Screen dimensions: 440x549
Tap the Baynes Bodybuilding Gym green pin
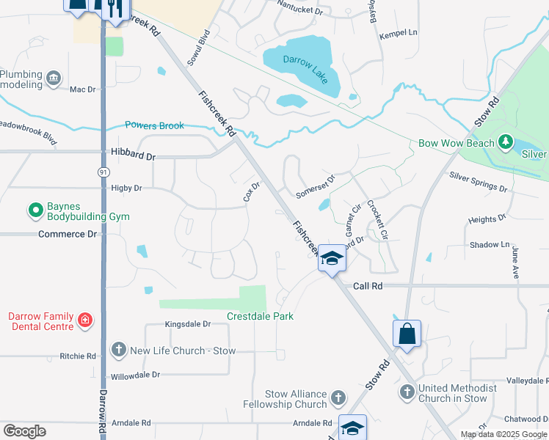(35, 211)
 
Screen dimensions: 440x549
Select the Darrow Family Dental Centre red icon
(85, 320)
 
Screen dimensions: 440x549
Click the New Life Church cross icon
(118, 351)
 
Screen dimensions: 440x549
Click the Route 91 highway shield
(103, 171)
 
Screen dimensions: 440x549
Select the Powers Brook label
(154, 125)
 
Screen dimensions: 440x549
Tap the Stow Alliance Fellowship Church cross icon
(338, 398)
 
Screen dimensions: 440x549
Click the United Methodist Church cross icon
(407, 392)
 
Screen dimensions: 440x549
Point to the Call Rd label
(368, 285)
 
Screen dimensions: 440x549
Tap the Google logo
(24, 431)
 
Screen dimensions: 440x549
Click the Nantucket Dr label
(299, 10)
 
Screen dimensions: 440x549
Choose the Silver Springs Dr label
(478, 183)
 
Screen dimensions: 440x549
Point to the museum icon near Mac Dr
(53, 78)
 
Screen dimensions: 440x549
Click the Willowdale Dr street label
(135, 375)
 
